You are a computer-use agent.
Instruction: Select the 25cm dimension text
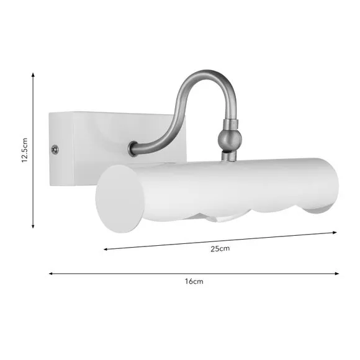coord(220,248)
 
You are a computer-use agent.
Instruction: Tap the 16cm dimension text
coord(194,281)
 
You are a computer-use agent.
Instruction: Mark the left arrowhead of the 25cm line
coord(106,249)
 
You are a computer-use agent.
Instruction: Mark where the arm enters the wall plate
coord(132,149)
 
